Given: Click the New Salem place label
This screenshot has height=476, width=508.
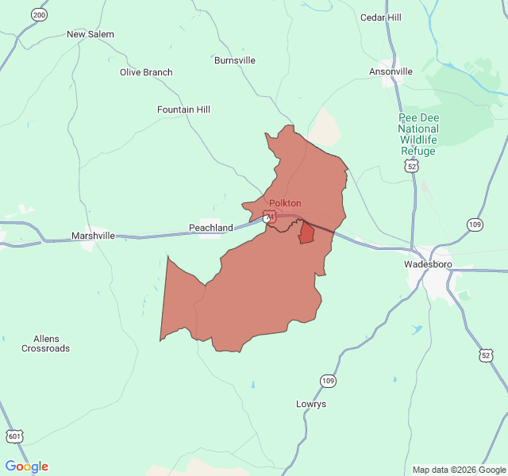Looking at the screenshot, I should (90, 34).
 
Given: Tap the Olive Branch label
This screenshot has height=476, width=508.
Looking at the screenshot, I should (146, 72).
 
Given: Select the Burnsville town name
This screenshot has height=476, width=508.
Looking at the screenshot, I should (235, 59).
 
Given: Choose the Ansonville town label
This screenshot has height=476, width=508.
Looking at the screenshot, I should (391, 71).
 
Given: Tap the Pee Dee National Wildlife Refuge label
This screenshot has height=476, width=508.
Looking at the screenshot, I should (418, 134).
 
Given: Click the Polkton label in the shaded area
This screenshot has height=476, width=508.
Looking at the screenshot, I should (285, 203).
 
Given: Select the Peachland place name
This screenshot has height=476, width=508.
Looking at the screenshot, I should (211, 228).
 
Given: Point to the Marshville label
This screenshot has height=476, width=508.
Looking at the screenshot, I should (93, 236).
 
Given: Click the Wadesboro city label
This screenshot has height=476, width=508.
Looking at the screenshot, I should (428, 264).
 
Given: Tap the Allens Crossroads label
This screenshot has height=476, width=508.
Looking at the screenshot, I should (45, 344).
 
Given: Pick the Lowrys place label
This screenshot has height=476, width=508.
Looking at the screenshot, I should (311, 404).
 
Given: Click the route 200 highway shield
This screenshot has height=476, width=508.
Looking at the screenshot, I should (39, 15).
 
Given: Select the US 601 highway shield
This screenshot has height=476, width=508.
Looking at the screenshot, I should (15, 436).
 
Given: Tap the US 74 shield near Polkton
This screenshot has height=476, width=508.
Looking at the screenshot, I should (270, 217).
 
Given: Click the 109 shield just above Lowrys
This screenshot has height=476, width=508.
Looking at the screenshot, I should (328, 381).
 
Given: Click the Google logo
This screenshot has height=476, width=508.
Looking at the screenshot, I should (26, 466).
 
